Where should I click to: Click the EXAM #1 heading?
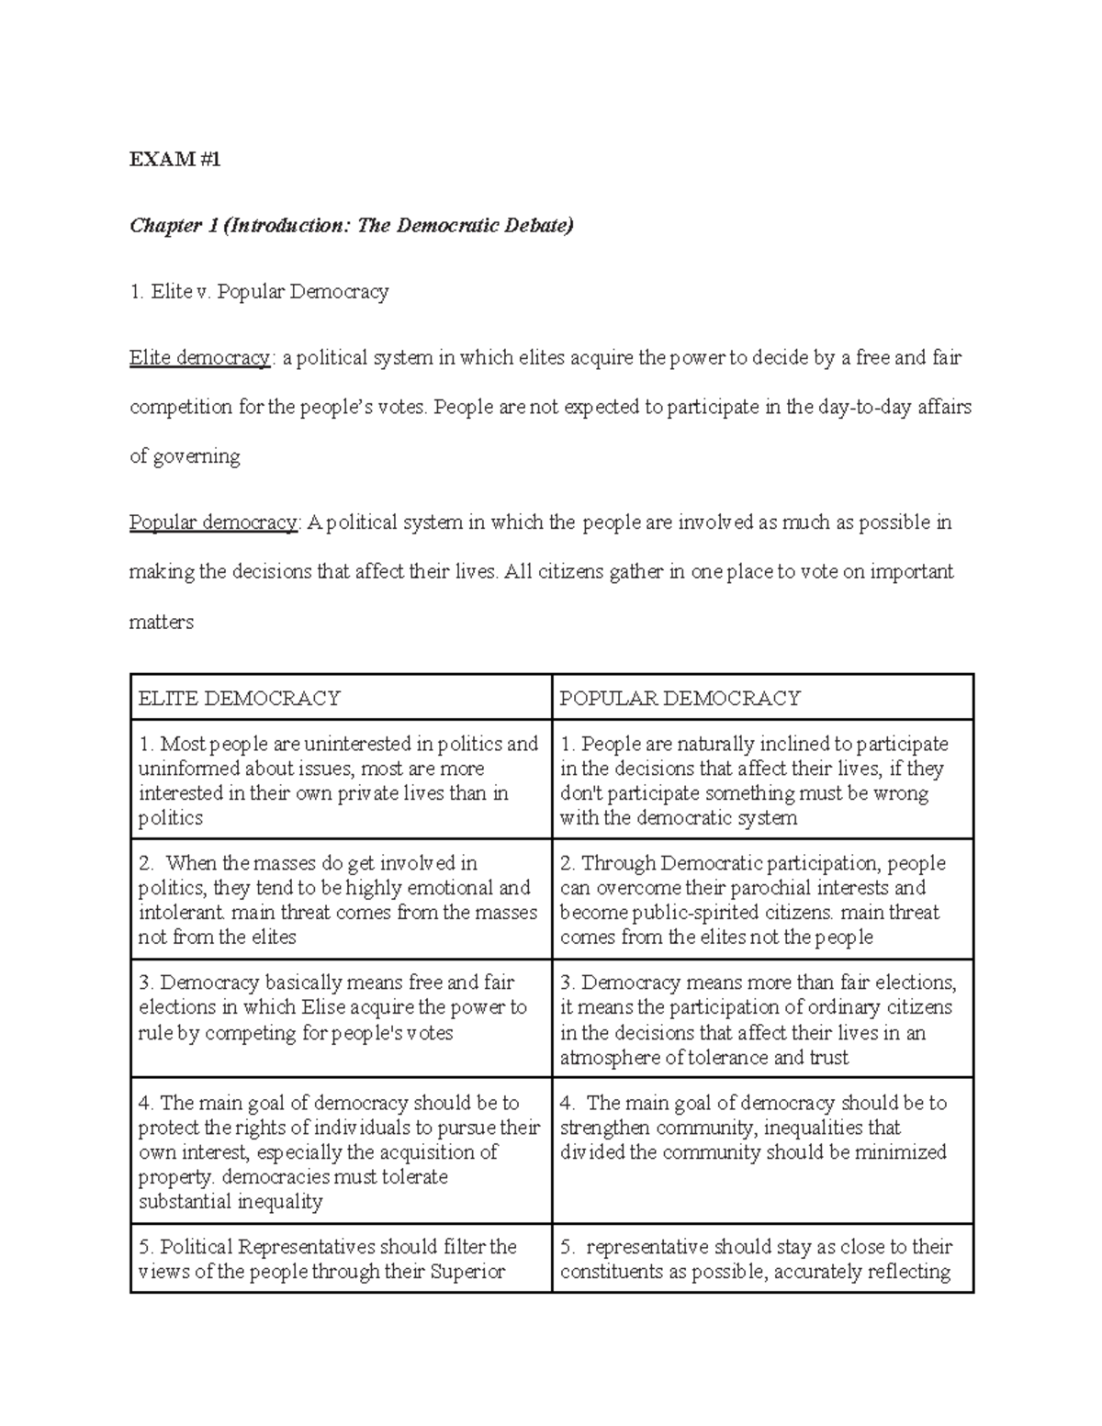click(x=175, y=159)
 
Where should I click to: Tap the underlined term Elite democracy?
click(x=200, y=357)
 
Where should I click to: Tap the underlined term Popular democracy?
click(x=213, y=522)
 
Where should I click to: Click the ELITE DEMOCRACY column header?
click(x=239, y=698)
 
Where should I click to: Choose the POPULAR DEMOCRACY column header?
click(x=680, y=698)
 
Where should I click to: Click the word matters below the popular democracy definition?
click(x=162, y=622)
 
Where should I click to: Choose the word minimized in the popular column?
click(x=900, y=1152)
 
